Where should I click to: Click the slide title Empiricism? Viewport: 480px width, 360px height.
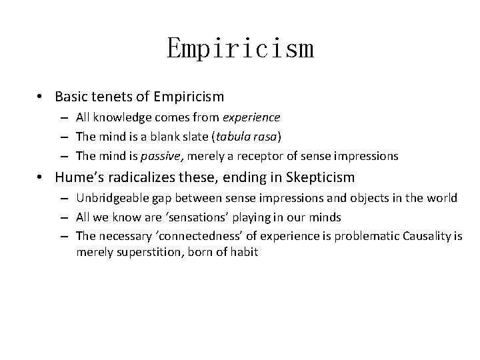click(x=240, y=48)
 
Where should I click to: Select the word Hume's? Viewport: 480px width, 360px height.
click(x=78, y=177)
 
